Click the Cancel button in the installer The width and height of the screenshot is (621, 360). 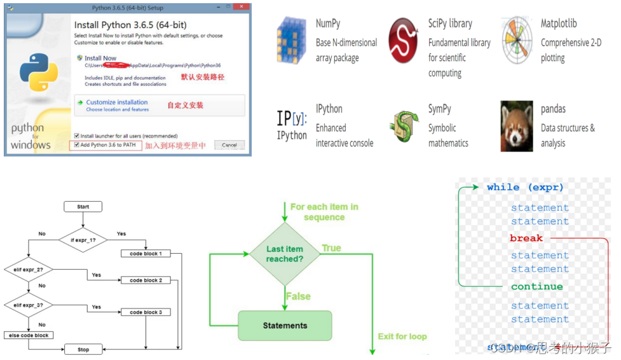[x=229, y=145]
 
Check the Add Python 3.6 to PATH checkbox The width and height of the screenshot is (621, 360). [x=77, y=145]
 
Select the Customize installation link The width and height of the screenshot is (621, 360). [x=117, y=102]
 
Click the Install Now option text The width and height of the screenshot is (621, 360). [x=100, y=58]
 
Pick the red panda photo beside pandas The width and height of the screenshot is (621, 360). [x=517, y=125]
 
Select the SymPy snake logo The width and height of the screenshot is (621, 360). [x=404, y=125]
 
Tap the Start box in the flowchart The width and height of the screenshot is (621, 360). [x=83, y=207]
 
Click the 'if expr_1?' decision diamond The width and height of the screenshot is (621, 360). [x=83, y=240]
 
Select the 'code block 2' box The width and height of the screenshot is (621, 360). [x=146, y=280]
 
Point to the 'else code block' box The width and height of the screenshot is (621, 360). [x=29, y=335]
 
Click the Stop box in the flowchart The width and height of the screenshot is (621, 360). [x=83, y=349]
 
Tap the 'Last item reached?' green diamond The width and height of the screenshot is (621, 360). [x=285, y=254]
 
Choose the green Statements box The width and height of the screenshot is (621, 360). [x=285, y=326]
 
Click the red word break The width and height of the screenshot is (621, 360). [x=526, y=239]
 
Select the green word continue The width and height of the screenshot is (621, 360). [x=536, y=287]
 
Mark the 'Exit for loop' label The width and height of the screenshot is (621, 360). [x=402, y=336]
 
